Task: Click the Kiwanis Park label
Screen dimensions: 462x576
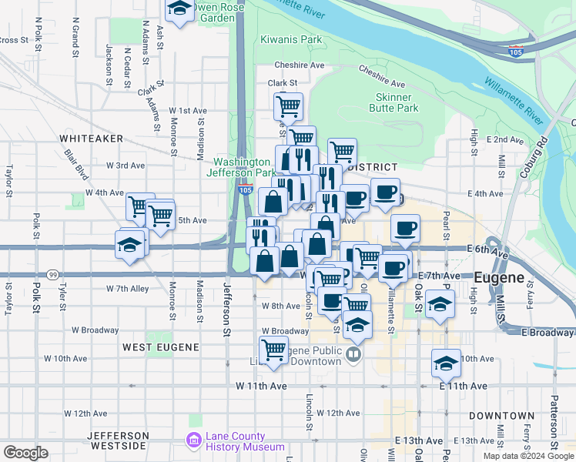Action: (291, 38)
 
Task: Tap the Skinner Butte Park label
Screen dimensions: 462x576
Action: (397, 102)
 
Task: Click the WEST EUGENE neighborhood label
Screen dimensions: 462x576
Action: (160, 347)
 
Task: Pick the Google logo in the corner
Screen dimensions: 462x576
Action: (25, 453)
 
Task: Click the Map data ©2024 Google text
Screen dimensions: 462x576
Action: (527, 456)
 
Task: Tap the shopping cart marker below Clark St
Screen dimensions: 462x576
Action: (288, 105)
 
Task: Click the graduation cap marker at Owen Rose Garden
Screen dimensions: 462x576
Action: (179, 10)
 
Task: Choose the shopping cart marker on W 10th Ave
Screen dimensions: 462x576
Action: (274, 350)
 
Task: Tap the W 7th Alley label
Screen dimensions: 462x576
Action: (128, 289)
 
